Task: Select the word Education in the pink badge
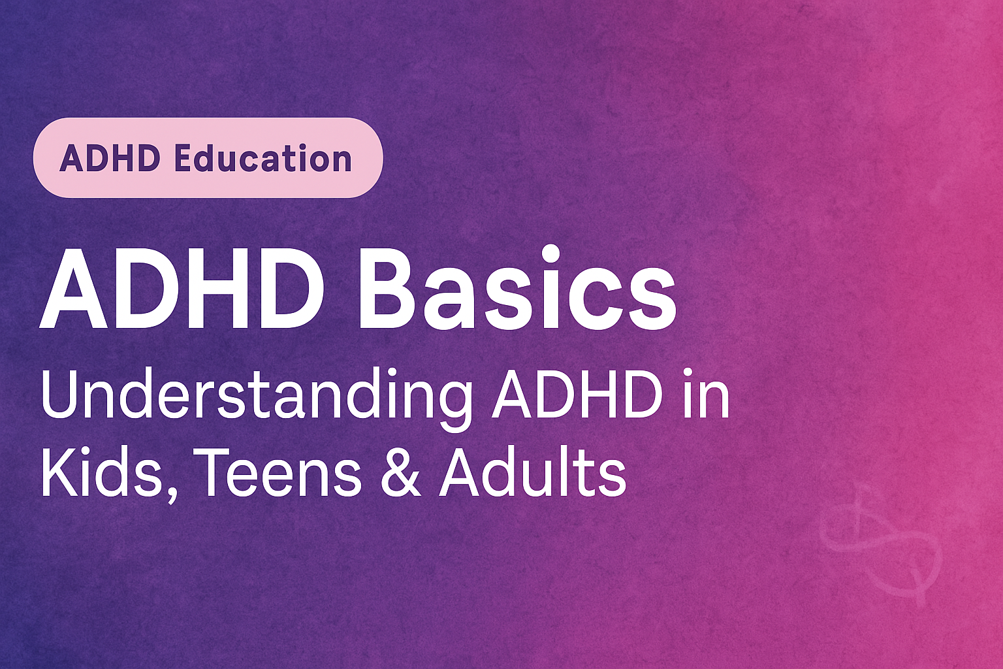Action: pos(265,159)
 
